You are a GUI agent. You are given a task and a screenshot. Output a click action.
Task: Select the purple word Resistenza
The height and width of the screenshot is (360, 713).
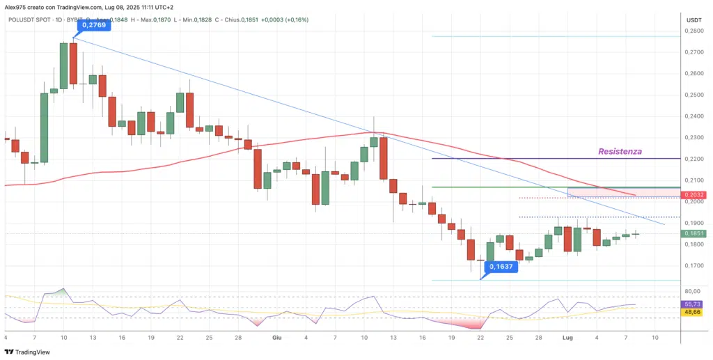coord(620,150)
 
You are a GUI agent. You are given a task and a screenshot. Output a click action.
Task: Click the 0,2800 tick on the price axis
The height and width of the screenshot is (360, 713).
coord(693,31)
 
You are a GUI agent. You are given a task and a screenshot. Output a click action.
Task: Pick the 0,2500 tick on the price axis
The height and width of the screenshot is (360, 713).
coord(693,95)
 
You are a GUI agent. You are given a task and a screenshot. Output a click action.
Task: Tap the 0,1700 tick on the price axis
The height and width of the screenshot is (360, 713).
coord(693,265)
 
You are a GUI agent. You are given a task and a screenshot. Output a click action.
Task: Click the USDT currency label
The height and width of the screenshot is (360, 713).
coord(694,20)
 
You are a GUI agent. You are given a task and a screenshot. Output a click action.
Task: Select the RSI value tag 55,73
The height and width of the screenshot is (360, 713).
coord(693,304)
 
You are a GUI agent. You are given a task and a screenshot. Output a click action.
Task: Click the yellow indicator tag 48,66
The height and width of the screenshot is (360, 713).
coord(693,313)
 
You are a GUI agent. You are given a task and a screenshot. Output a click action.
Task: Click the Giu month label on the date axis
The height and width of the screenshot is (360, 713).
coord(277,337)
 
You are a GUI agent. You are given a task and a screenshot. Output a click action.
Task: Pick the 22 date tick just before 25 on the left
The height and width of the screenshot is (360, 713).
coord(180,337)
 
